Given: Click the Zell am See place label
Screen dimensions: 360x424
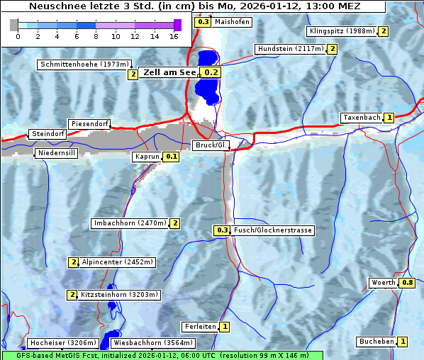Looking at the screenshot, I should [x=169, y=72].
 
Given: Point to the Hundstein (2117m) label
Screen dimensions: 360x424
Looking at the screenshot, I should [x=291, y=49].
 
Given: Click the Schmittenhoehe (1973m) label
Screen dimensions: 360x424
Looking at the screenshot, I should [x=84, y=64].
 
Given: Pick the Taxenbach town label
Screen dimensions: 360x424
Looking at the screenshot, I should [x=362, y=118].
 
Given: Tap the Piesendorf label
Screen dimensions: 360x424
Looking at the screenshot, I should [x=89, y=124].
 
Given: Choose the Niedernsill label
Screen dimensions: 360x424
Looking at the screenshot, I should [x=57, y=152].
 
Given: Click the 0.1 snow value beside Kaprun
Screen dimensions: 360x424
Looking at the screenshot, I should [x=171, y=157].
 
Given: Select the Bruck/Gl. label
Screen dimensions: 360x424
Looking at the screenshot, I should [x=211, y=145].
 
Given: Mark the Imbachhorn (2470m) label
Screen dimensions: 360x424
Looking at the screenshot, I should [x=130, y=223].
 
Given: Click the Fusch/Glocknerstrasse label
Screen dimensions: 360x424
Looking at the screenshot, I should [x=272, y=230].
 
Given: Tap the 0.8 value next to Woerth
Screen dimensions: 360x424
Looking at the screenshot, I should [x=407, y=283].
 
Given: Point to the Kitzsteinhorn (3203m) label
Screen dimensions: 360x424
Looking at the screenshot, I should [x=120, y=295].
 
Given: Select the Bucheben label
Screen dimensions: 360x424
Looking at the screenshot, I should [x=376, y=342].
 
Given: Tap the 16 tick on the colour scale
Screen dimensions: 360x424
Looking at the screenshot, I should [x=174, y=35].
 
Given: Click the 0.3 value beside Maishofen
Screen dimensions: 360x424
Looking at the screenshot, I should [x=203, y=22].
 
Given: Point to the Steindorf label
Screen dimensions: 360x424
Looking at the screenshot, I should [x=48, y=134].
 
